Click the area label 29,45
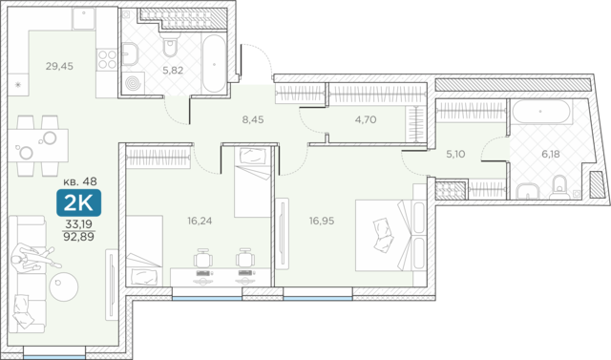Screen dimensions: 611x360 point(59,66)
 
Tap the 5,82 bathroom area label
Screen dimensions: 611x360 point(173,71)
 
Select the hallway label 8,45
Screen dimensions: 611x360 point(253,119)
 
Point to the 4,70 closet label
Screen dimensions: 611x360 point(366,119)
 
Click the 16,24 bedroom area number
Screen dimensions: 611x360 point(200,221)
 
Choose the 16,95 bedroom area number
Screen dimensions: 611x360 point(322,221)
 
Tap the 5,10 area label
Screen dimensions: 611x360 point(455,154)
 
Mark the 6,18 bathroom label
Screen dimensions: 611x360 point(551,154)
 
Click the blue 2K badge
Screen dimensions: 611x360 point(78,202)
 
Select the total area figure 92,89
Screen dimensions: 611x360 point(78,237)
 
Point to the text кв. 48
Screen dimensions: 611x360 point(80,181)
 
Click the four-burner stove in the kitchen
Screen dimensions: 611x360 point(107,59)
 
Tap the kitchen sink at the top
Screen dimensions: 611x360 point(84,18)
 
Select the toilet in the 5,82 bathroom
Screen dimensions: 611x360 point(170,45)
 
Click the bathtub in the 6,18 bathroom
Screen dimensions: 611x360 point(540,112)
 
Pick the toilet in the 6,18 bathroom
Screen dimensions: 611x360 point(560,186)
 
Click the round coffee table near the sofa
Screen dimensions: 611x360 point(64,286)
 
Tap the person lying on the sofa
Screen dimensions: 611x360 point(34,258)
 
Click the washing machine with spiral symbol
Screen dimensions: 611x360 point(133,83)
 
